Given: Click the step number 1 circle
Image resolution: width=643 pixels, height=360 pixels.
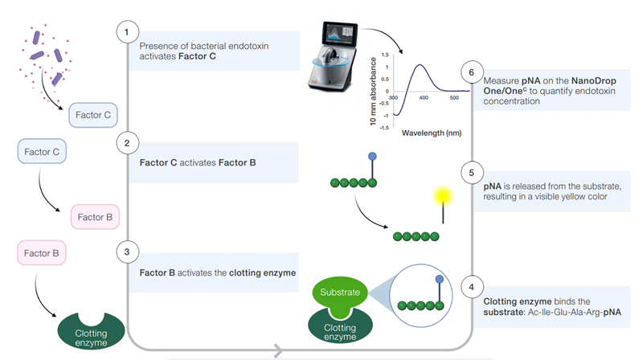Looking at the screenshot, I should coord(126,31).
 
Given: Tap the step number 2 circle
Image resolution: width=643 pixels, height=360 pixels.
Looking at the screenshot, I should coord(126,143).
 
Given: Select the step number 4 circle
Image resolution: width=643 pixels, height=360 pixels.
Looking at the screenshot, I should coord(471,285).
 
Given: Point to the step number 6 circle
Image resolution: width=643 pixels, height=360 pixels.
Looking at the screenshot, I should coord(471,72).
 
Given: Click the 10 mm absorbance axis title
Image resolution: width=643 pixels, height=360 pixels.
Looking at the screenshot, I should coord(373,89).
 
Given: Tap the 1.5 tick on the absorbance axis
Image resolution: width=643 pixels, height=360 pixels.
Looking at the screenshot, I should coord(386,55).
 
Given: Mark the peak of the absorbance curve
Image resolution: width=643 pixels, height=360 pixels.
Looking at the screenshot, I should coord(420,66).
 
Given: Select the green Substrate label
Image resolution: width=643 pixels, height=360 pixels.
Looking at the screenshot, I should coord(340,292).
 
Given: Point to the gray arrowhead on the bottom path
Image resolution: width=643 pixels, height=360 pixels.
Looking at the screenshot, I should coord(277,350).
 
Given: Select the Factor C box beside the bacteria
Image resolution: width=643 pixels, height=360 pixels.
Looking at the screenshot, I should coord(93,116).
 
